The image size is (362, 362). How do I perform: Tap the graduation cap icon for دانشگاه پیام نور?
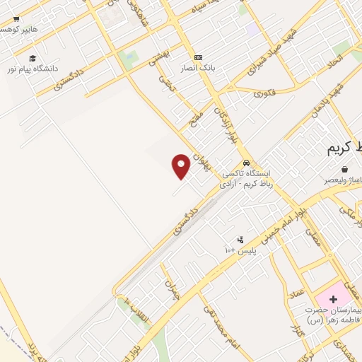click(32, 59)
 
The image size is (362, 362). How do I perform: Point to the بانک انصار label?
click(200, 68)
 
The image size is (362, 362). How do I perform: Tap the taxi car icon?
click(246, 162)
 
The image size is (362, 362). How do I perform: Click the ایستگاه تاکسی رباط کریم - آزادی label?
click(251, 177)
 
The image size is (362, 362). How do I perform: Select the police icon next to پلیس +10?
click(240, 240)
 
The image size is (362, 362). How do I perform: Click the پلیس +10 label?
click(240, 251)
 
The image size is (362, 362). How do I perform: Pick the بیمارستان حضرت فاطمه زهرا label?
click(333, 315)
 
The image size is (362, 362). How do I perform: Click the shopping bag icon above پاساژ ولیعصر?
click(344, 170)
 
